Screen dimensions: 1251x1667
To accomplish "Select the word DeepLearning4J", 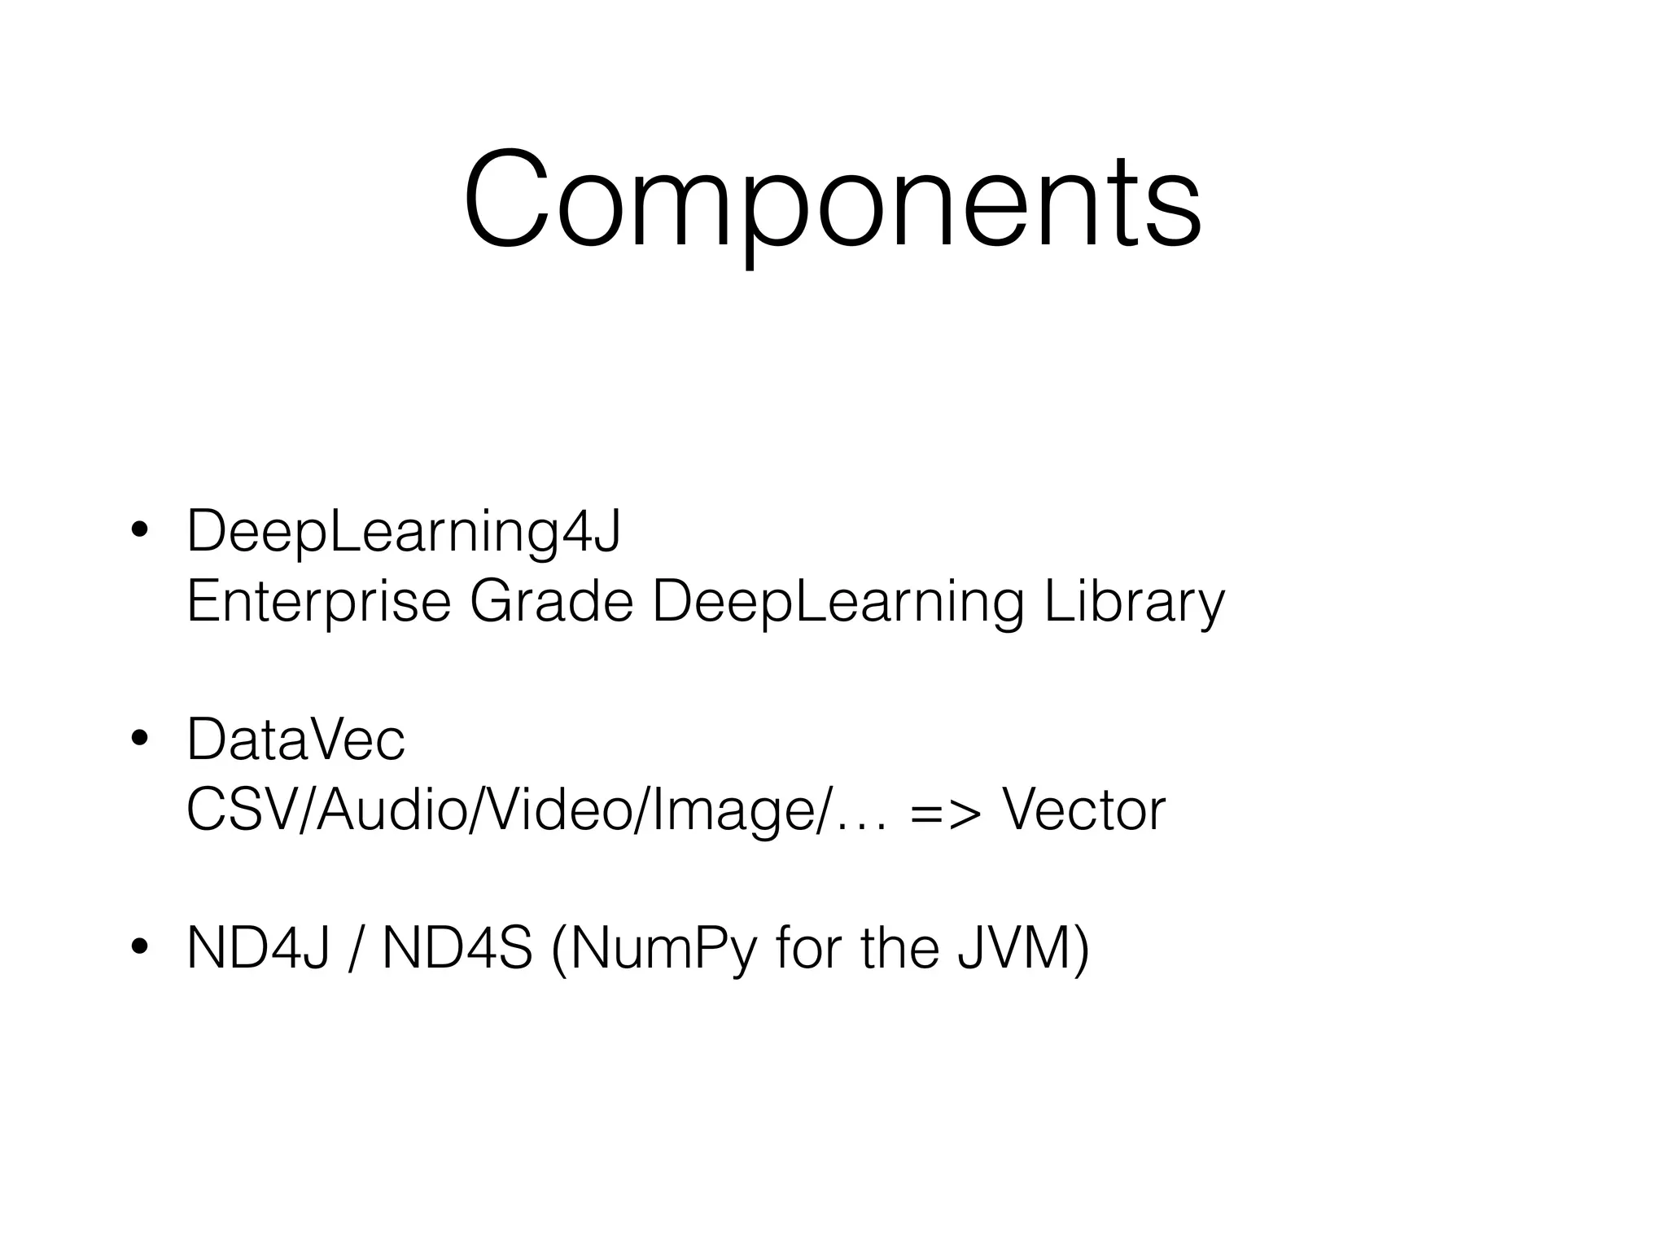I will coord(404,531).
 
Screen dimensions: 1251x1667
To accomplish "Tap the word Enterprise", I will coord(318,602).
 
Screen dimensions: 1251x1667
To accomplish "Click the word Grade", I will coord(551,602).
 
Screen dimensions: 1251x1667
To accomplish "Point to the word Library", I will coord(1134,602).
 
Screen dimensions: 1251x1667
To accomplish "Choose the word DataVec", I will coord(295,740).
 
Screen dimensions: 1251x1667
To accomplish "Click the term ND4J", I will coord(258,948).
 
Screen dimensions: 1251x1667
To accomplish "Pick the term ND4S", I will coord(457,948).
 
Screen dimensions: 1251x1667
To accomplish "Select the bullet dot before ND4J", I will coord(139,947).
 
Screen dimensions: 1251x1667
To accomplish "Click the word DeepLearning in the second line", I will coord(838,602).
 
